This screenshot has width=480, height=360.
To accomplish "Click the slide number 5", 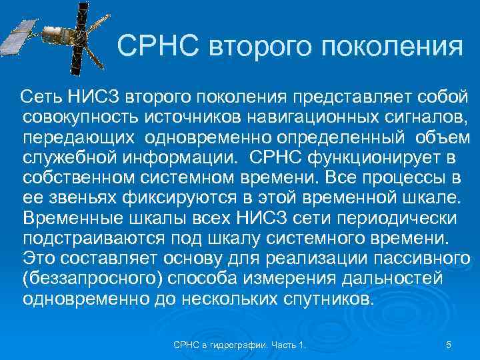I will click(x=449, y=345).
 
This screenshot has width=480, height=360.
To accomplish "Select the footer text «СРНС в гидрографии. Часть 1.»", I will click(x=241, y=345).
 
